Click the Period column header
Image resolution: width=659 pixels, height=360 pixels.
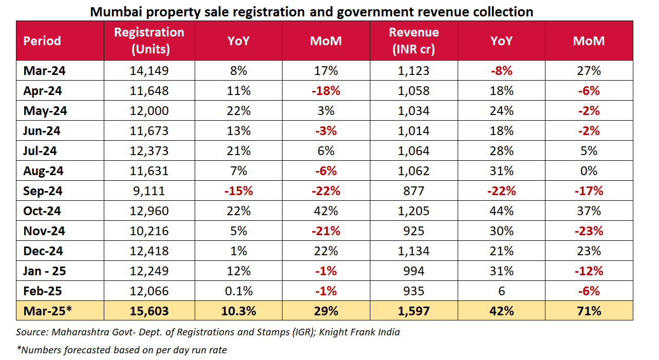click(x=42, y=41)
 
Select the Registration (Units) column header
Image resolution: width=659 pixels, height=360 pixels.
click(x=149, y=41)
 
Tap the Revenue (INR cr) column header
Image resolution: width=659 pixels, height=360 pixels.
click(x=413, y=41)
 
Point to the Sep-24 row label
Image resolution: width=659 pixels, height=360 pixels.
click(x=43, y=191)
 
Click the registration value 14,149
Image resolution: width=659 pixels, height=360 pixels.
click(x=149, y=71)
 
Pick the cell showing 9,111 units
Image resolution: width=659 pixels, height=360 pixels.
click(x=149, y=191)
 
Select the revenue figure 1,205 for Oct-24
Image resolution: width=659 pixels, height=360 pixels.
click(x=413, y=211)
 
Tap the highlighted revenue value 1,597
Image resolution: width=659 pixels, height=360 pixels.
click(x=413, y=311)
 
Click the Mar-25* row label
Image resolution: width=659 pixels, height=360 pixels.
click(x=46, y=311)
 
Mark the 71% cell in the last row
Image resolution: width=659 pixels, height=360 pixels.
click(x=589, y=311)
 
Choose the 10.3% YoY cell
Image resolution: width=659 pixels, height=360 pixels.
click(x=238, y=311)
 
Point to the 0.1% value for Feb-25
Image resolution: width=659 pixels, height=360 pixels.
click(x=238, y=291)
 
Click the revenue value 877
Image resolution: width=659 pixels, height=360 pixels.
click(x=413, y=191)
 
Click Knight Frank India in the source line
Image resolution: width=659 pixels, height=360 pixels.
click(x=359, y=332)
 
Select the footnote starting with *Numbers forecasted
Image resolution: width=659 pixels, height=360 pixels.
click(x=122, y=350)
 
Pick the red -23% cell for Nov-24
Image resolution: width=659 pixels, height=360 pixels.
click(x=589, y=231)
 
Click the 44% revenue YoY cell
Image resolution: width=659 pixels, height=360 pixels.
click(x=501, y=211)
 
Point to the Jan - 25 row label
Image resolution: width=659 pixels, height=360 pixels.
click(x=45, y=271)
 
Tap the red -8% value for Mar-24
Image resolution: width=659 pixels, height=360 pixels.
click(x=501, y=71)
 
